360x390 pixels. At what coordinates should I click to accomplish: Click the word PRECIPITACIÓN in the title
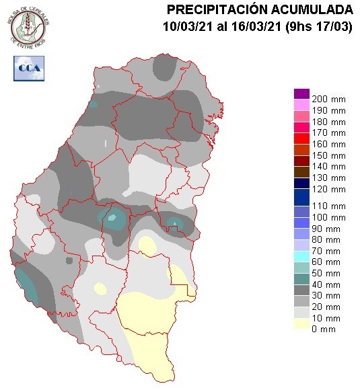[x=219, y=9]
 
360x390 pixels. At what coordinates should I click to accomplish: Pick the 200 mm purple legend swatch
[x=301, y=93]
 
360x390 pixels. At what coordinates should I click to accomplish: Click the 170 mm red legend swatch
[x=301, y=139]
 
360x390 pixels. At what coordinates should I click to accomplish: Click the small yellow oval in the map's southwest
[x=100, y=288]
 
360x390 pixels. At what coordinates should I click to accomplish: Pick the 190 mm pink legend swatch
[x=301, y=105]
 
